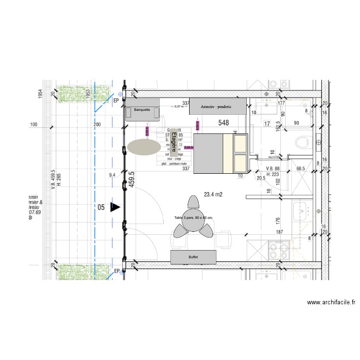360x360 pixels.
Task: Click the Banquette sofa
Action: tap(142, 109)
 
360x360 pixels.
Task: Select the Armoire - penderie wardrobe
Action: tap(216, 107)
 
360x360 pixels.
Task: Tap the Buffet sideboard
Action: tap(193, 257)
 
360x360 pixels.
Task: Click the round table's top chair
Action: tap(193, 202)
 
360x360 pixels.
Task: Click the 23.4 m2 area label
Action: tap(213, 194)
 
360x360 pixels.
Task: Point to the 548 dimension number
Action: tap(224, 122)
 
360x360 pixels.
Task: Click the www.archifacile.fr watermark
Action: tap(331, 302)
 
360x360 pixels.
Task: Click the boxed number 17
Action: tap(267, 124)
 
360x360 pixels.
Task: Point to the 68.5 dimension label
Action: tap(301, 168)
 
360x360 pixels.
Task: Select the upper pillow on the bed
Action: tap(240, 142)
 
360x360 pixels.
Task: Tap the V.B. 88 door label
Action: tap(273, 168)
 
